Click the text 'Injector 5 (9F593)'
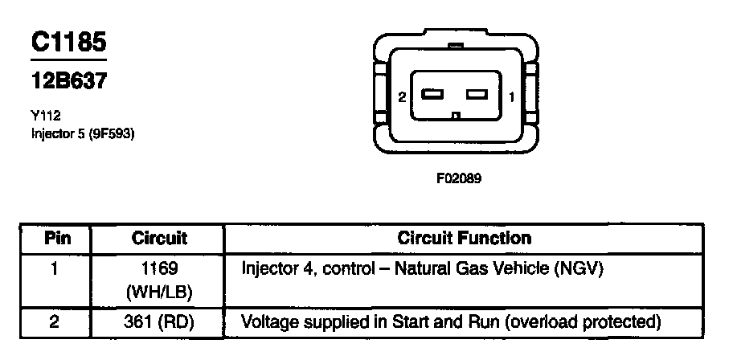pyautogui.click(x=82, y=133)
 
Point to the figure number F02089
pyautogui.click(x=458, y=179)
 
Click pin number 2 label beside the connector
pyautogui.click(x=401, y=97)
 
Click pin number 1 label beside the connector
pyautogui.click(x=513, y=97)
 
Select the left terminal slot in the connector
pyautogui.click(x=433, y=95)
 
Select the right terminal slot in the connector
pyautogui.click(x=478, y=95)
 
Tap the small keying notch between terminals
pyautogui.click(x=456, y=115)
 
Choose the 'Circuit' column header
pyautogui.click(x=158, y=239)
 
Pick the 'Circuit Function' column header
pyautogui.click(x=465, y=239)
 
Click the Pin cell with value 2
pyautogui.click(x=55, y=323)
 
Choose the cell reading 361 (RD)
pyautogui.click(x=158, y=323)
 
